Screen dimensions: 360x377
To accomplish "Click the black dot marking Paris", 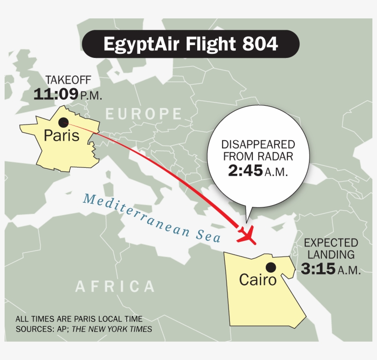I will pyautogui.click(x=63, y=122).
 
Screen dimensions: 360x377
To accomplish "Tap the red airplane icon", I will pyautogui.click(x=247, y=234).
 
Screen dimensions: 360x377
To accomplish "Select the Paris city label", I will pyautogui.click(x=62, y=136).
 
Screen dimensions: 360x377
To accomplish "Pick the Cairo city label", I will pyautogui.click(x=258, y=280).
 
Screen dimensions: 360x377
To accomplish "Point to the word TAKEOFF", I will pyautogui.click(x=68, y=81).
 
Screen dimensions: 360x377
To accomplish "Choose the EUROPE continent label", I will pyautogui.click(x=143, y=114).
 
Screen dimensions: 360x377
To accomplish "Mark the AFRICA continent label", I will pyautogui.click(x=115, y=286).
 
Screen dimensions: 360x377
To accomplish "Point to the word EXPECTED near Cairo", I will pyautogui.click(x=331, y=242).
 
